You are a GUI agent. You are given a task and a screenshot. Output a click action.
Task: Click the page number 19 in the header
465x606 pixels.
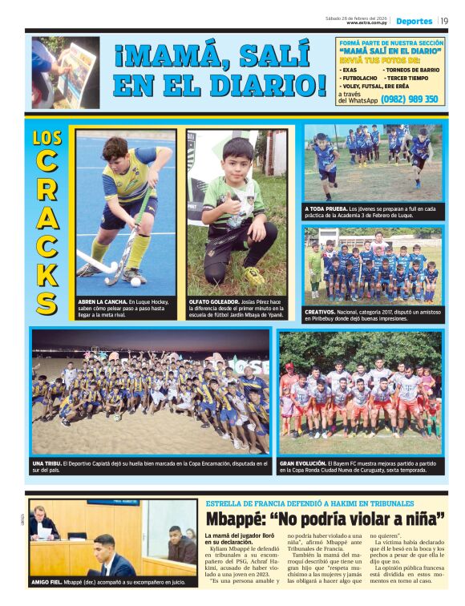tap(443, 21)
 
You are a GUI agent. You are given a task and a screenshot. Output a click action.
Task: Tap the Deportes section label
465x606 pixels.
tap(414, 21)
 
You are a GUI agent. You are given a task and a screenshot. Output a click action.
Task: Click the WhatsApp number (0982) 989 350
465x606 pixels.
tap(409, 99)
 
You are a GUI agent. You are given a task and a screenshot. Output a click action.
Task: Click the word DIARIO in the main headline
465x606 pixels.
tap(265, 85)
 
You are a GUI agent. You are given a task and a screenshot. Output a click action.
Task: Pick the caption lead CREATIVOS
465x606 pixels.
tap(324, 310)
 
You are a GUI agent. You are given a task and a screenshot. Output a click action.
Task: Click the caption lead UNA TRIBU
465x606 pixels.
tap(50, 464)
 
